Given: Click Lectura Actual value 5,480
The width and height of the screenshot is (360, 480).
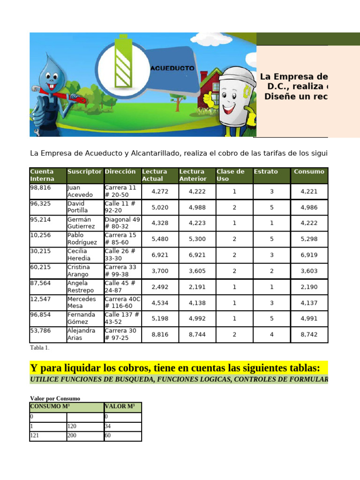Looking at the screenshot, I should pos(159,239).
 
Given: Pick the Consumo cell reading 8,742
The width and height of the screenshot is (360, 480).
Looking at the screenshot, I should pos(309,334).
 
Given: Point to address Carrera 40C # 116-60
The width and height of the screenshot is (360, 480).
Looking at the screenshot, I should pos(122,302).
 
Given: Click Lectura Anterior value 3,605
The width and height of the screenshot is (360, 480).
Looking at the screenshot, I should pos(197,270).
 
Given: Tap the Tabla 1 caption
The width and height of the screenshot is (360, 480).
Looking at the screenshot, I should pos(39,348).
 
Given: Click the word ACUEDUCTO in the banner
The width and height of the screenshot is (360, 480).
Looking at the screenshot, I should pos(172,68).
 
